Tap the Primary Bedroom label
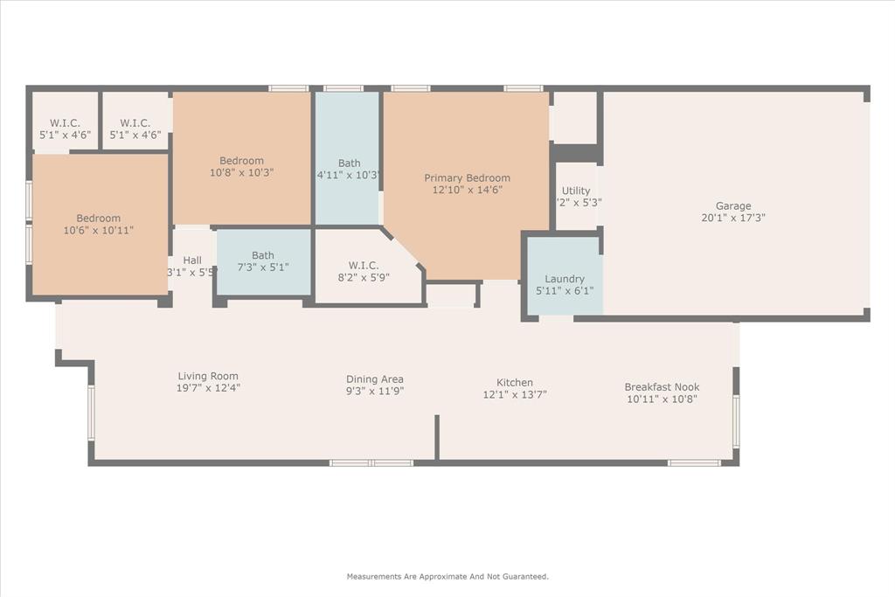pyautogui.click(x=467, y=178)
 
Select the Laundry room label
pyautogui.click(x=564, y=279)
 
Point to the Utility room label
pyautogui.click(x=576, y=191)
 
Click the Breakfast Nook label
pyautogui.click(x=662, y=387)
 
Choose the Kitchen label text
pyautogui.click(x=515, y=383)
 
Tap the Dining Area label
pyautogui.click(x=374, y=379)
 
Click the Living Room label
pyautogui.click(x=208, y=376)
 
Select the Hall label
pyautogui.click(x=192, y=260)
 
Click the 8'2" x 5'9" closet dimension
pyautogui.click(x=362, y=277)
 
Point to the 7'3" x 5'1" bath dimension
pyautogui.click(x=262, y=267)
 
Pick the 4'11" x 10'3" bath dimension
pyautogui.click(x=348, y=175)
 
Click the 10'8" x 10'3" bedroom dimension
pyautogui.click(x=241, y=172)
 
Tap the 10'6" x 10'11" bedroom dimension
pyautogui.click(x=98, y=230)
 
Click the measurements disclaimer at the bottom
pyautogui.click(x=447, y=577)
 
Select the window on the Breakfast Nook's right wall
pyautogui.click(x=736, y=421)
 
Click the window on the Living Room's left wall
pyautogui.click(x=90, y=413)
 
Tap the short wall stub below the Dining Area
pyautogui.click(x=436, y=437)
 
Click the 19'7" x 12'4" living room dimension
pyautogui.click(x=208, y=387)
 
